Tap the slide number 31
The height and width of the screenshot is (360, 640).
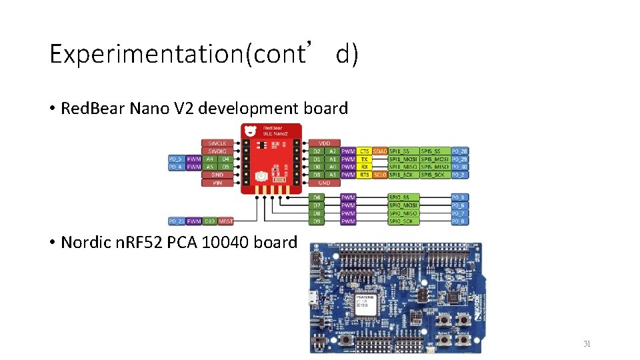point(587,344)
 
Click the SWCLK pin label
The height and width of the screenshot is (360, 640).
point(217,143)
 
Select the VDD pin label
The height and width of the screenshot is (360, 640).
point(325,143)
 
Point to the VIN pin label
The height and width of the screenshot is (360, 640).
point(217,182)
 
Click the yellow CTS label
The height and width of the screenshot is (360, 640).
point(364,151)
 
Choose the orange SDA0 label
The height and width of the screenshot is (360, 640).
point(380,151)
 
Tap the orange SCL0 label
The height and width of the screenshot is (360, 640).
point(380,175)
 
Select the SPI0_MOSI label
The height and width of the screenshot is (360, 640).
point(403,205)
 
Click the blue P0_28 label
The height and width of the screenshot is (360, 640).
point(459,151)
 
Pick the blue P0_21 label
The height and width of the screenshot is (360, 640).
point(176,221)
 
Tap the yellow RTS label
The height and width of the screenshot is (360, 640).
point(364,175)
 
